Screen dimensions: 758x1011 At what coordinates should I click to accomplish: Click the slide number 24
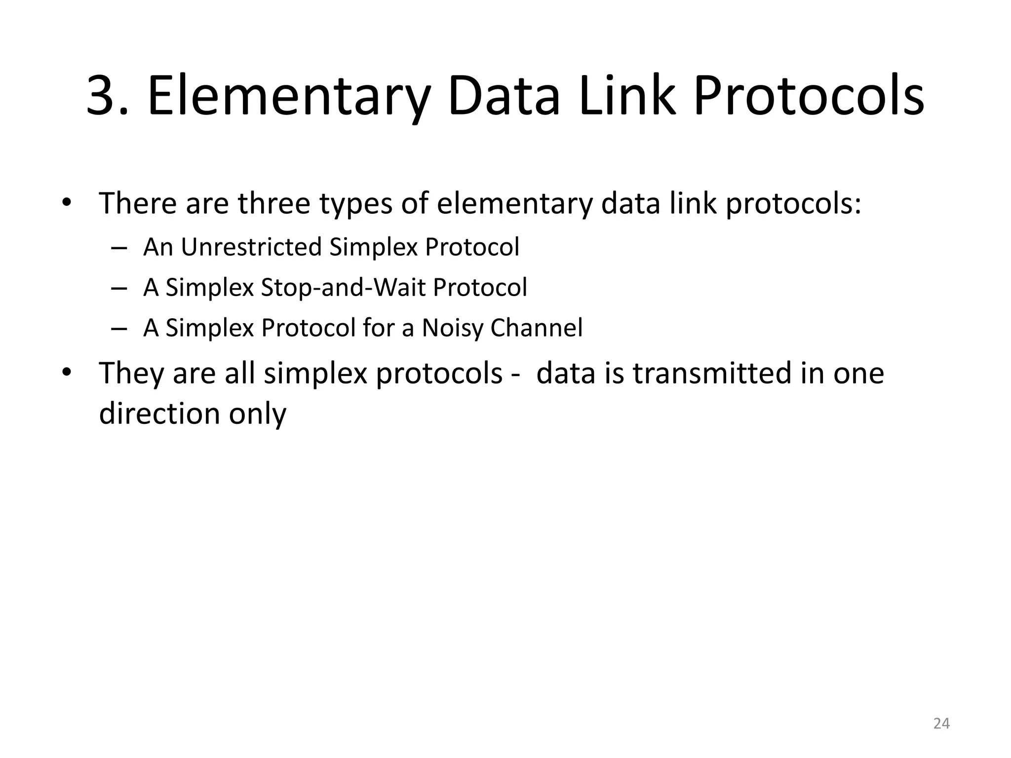pyautogui.click(x=941, y=723)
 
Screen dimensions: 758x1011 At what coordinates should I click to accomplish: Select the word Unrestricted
pyautogui.click(x=251, y=247)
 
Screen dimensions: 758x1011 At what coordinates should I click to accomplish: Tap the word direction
pyautogui.click(x=159, y=414)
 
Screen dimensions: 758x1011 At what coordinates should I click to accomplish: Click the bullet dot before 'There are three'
pyautogui.click(x=67, y=203)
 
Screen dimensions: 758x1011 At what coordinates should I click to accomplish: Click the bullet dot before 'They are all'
pyautogui.click(x=67, y=373)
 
